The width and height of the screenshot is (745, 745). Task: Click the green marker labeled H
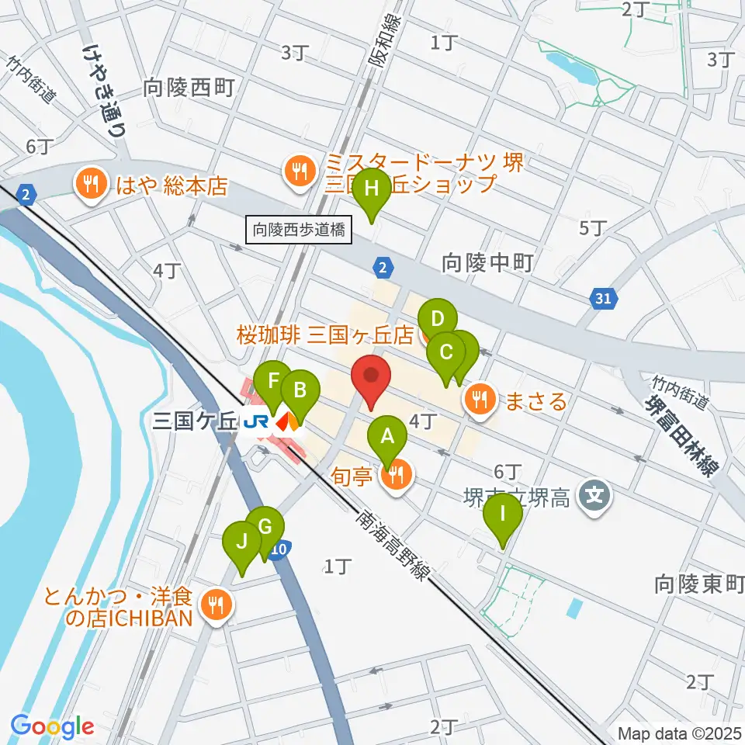point(372,189)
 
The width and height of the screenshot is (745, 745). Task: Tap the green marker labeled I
point(503,515)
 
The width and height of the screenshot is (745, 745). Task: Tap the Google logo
point(52,726)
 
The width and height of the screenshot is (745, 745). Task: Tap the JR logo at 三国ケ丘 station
point(256,421)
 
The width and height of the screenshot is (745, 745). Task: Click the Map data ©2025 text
point(680,733)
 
